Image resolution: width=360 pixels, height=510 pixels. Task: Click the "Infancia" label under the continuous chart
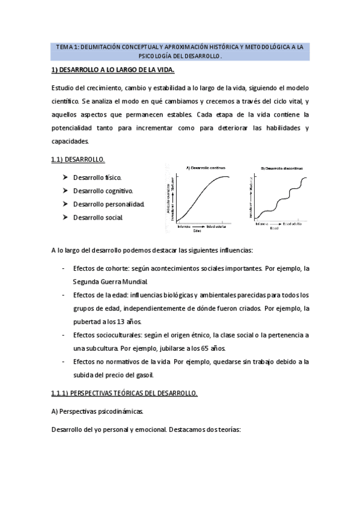(184, 226)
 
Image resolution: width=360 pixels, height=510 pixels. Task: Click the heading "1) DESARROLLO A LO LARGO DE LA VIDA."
(112, 71)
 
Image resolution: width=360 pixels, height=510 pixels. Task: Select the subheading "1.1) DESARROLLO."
(78, 159)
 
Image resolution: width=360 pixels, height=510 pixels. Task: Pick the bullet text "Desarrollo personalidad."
(109, 204)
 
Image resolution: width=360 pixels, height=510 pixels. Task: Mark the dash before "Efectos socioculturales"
(64, 334)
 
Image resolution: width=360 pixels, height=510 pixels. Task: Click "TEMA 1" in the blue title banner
(67, 46)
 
